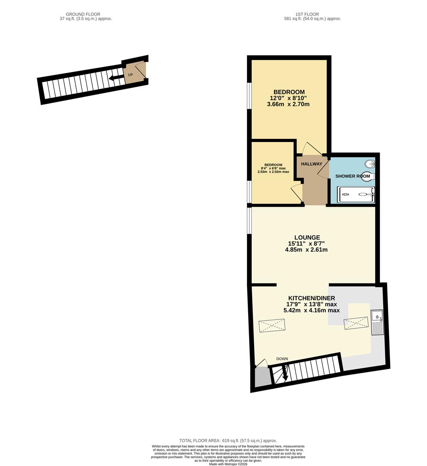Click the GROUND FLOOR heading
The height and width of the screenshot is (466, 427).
click(86, 14)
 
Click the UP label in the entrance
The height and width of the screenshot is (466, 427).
click(130, 75)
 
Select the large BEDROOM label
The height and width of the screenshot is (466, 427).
click(289, 92)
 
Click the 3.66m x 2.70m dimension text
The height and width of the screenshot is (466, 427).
click(289, 104)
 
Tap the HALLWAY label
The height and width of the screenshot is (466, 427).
click(312, 164)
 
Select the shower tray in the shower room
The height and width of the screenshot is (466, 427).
click(356, 195)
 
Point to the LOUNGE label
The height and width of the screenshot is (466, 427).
click(307, 237)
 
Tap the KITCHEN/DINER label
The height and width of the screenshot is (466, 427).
click(312, 298)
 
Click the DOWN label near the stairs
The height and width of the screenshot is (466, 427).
click(282, 359)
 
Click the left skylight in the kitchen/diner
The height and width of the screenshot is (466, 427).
click(272, 325)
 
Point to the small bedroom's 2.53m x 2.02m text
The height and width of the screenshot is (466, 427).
click(273, 172)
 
